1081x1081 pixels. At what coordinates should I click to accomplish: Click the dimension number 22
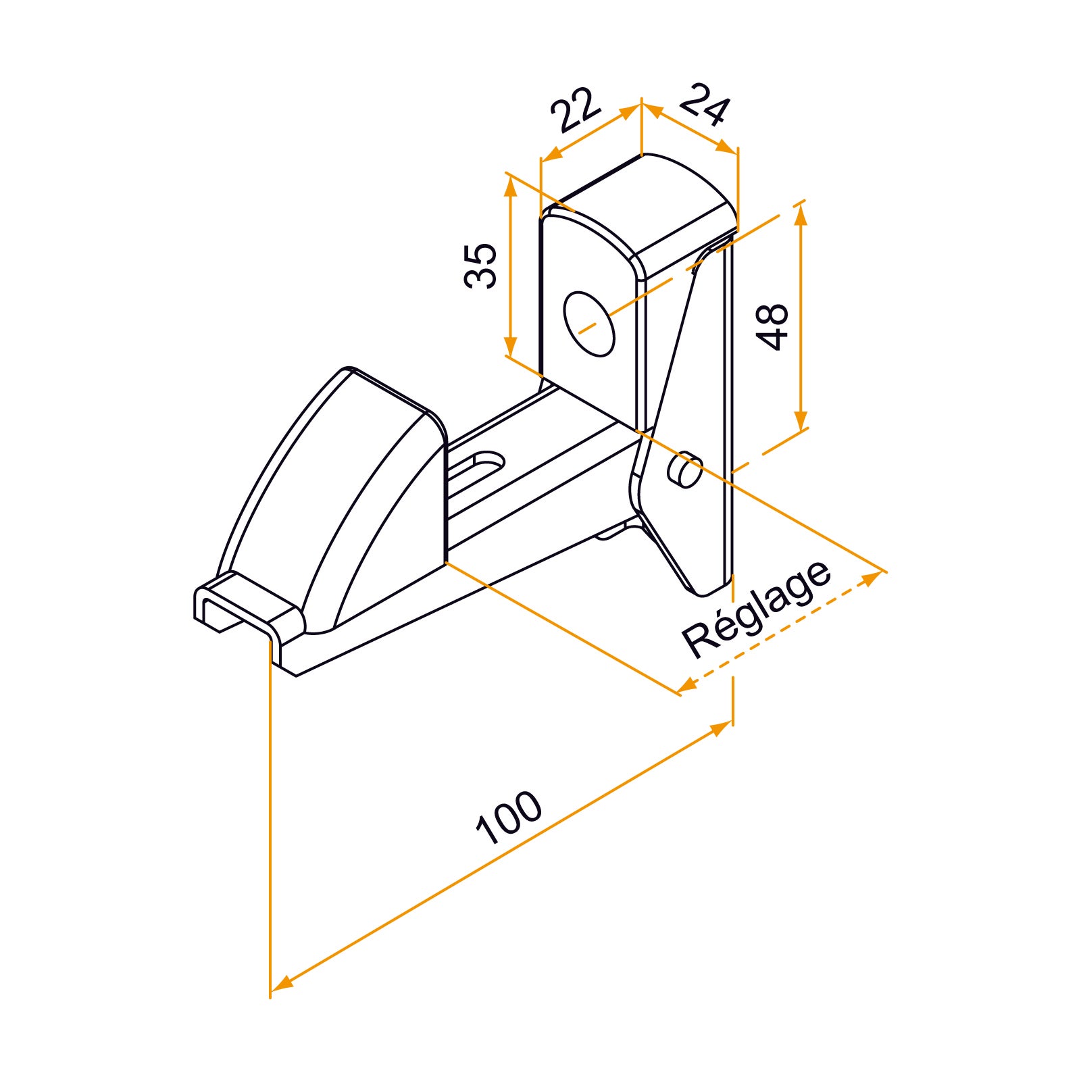(x=575, y=109)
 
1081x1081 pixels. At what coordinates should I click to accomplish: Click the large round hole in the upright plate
(x=589, y=324)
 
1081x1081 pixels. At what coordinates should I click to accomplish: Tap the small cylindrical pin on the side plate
(x=684, y=470)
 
